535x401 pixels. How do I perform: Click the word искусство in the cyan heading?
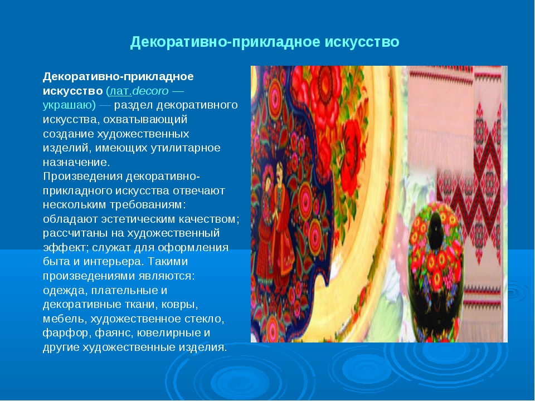[x=362, y=42]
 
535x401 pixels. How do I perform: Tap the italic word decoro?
[x=150, y=91]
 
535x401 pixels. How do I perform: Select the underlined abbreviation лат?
[x=120, y=91]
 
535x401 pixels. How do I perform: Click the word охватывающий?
[x=145, y=119]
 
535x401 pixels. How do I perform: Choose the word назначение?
[x=76, y=162]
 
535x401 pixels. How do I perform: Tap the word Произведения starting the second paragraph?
[x=82, y=177]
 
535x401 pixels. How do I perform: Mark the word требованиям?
[x=148, y=204]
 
